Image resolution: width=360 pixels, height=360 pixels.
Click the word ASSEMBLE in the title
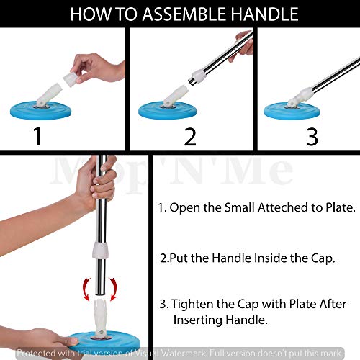point(184,14)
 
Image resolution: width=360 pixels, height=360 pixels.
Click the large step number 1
point(37,136)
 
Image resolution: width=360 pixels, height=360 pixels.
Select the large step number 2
point(190,137)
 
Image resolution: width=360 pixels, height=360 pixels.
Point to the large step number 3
point(312,137)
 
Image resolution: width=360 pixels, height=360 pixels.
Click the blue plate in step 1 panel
point(41,110)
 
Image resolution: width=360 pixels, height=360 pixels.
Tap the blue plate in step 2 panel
point(168,110)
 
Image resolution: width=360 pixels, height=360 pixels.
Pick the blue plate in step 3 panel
point(292,111)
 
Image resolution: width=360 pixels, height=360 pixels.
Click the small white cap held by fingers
point(71,78)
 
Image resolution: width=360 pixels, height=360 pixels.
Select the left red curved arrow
point(86,289)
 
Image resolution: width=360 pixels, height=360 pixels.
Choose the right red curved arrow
point(113,289)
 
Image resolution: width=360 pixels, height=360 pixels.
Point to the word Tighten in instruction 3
point(192,305)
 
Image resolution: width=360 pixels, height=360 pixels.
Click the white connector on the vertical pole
point(101,251)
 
